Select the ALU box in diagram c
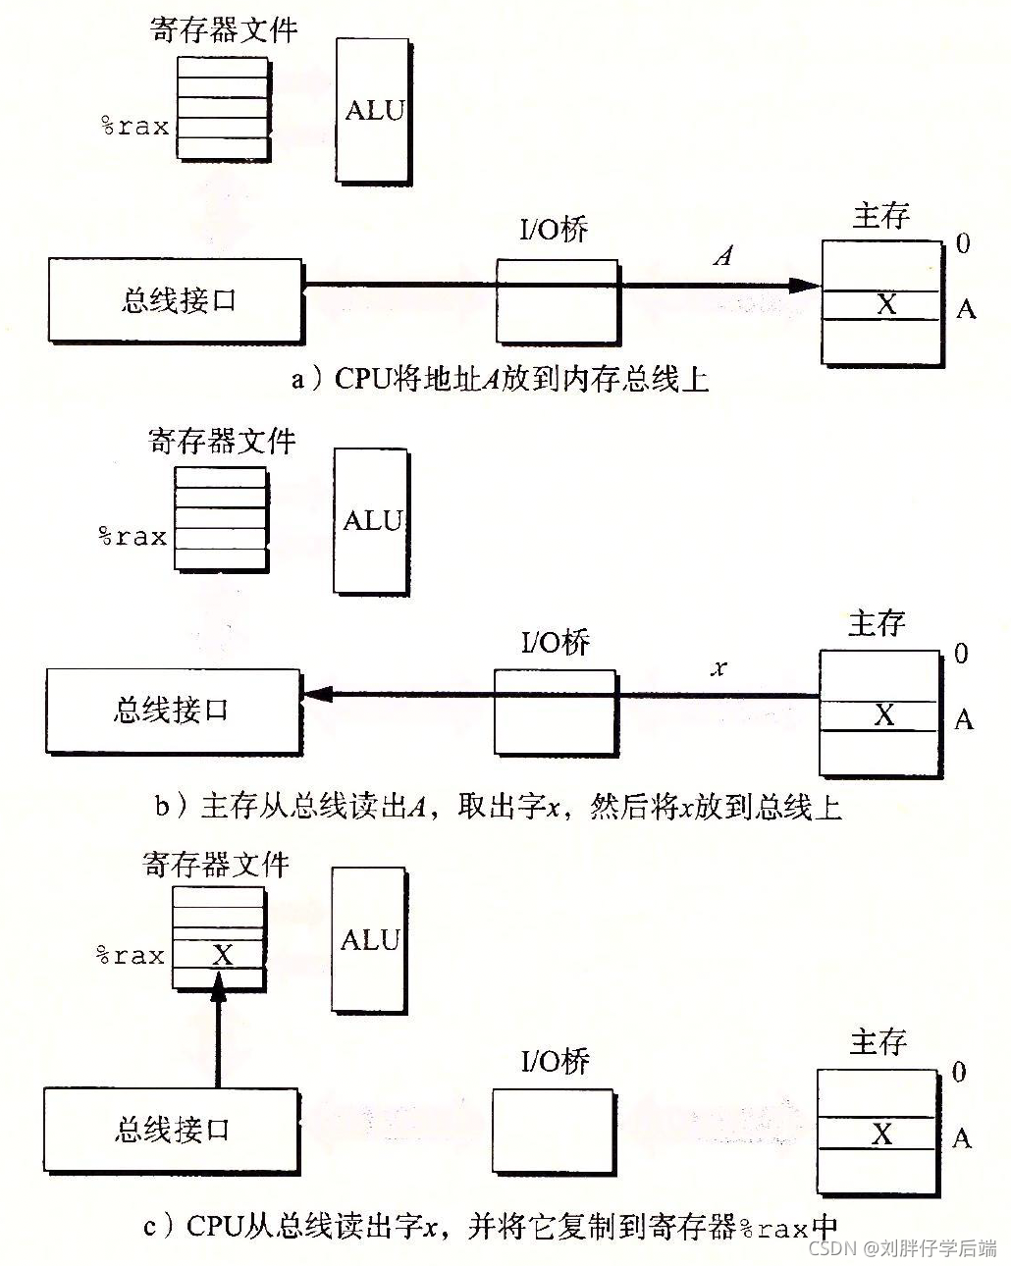[x=369, y=939]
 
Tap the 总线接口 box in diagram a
[x=175, y=300]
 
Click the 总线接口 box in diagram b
[x=173, y=711]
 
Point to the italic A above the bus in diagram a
[x=723, y=256]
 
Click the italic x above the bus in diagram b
[x=718, y=668]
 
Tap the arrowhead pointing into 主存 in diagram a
[x=806, y=286]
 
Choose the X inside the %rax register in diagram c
[x=223, y=955]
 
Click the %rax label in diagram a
[x=135, y=127]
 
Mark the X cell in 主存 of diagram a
[x=885, y=304]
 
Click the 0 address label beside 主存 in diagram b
[x=961, y=654]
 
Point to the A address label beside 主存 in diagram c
[x=962, y=1138]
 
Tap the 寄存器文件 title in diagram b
[x=222, y=442]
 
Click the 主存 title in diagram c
[x=878, y=1041]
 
